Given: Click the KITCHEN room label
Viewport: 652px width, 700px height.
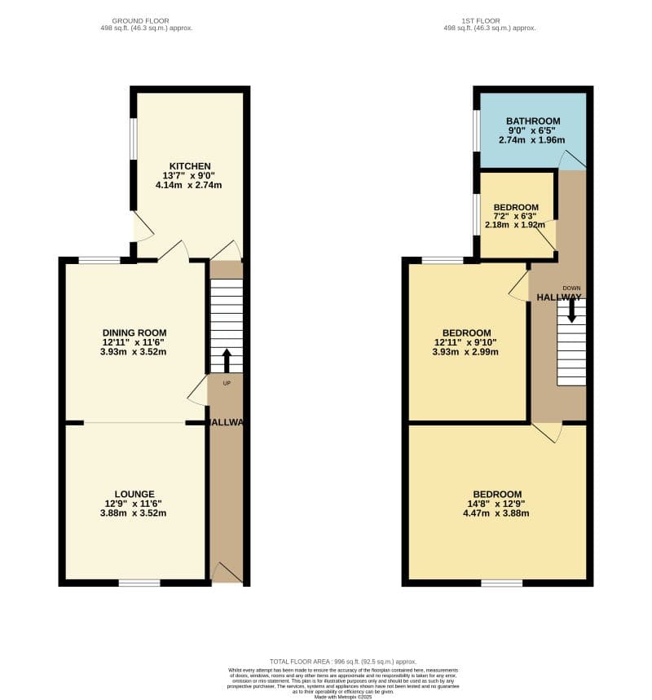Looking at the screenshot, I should (x=190, y=166).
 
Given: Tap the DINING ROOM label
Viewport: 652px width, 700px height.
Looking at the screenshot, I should (x=134, y=332).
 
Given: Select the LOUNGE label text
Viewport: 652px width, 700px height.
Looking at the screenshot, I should (x=134, y=494).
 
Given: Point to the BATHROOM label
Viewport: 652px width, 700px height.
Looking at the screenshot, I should (x=533, y=121).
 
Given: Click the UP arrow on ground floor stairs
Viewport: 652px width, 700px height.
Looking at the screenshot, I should (x=227, y=360).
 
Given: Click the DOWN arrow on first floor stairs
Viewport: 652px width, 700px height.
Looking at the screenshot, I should (x=571, y=309).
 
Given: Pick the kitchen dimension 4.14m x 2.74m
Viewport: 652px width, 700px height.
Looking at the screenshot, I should (x=188, y=185).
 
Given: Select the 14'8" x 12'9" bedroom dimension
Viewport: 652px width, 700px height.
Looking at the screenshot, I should (x=496, y=504).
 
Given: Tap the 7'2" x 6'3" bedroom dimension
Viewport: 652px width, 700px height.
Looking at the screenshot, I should (x=516, y=216).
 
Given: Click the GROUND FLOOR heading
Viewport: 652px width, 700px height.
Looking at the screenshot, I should (x=140, y=20).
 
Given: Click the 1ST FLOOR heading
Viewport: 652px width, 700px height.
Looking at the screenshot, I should (x=490, y=20).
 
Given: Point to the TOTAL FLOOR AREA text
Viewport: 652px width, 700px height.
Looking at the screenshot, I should (x=343, y=661).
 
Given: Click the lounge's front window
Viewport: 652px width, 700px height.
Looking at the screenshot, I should (x=139, y=583).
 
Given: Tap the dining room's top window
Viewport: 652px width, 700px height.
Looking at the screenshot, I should (x=99, y=260).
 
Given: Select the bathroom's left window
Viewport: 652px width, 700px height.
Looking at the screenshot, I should (x=476, y=130).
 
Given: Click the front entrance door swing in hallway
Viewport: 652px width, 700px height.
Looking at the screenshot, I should (x=227, y=572).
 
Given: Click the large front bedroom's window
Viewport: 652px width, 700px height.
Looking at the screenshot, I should (x=501, y=583).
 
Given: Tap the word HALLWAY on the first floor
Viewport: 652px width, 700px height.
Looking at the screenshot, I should (x=559, y=297).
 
